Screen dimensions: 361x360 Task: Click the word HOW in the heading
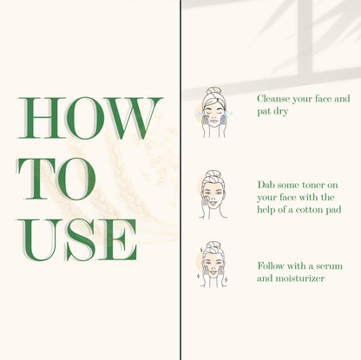[90, 118]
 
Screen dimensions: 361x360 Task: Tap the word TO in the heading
[56, 179]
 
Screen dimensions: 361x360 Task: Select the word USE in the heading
[77, 240]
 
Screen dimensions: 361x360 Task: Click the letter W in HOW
[134, 118]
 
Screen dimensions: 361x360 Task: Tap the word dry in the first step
[280, 112]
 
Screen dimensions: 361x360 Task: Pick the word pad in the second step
[333, 210]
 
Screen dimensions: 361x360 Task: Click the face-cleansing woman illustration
[213, 112]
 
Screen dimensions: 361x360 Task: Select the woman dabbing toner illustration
[212, 194]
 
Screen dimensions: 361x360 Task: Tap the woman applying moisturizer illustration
[213, 265]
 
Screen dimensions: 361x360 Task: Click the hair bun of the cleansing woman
[213, 91]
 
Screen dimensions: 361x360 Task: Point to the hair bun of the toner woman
[213, 174]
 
